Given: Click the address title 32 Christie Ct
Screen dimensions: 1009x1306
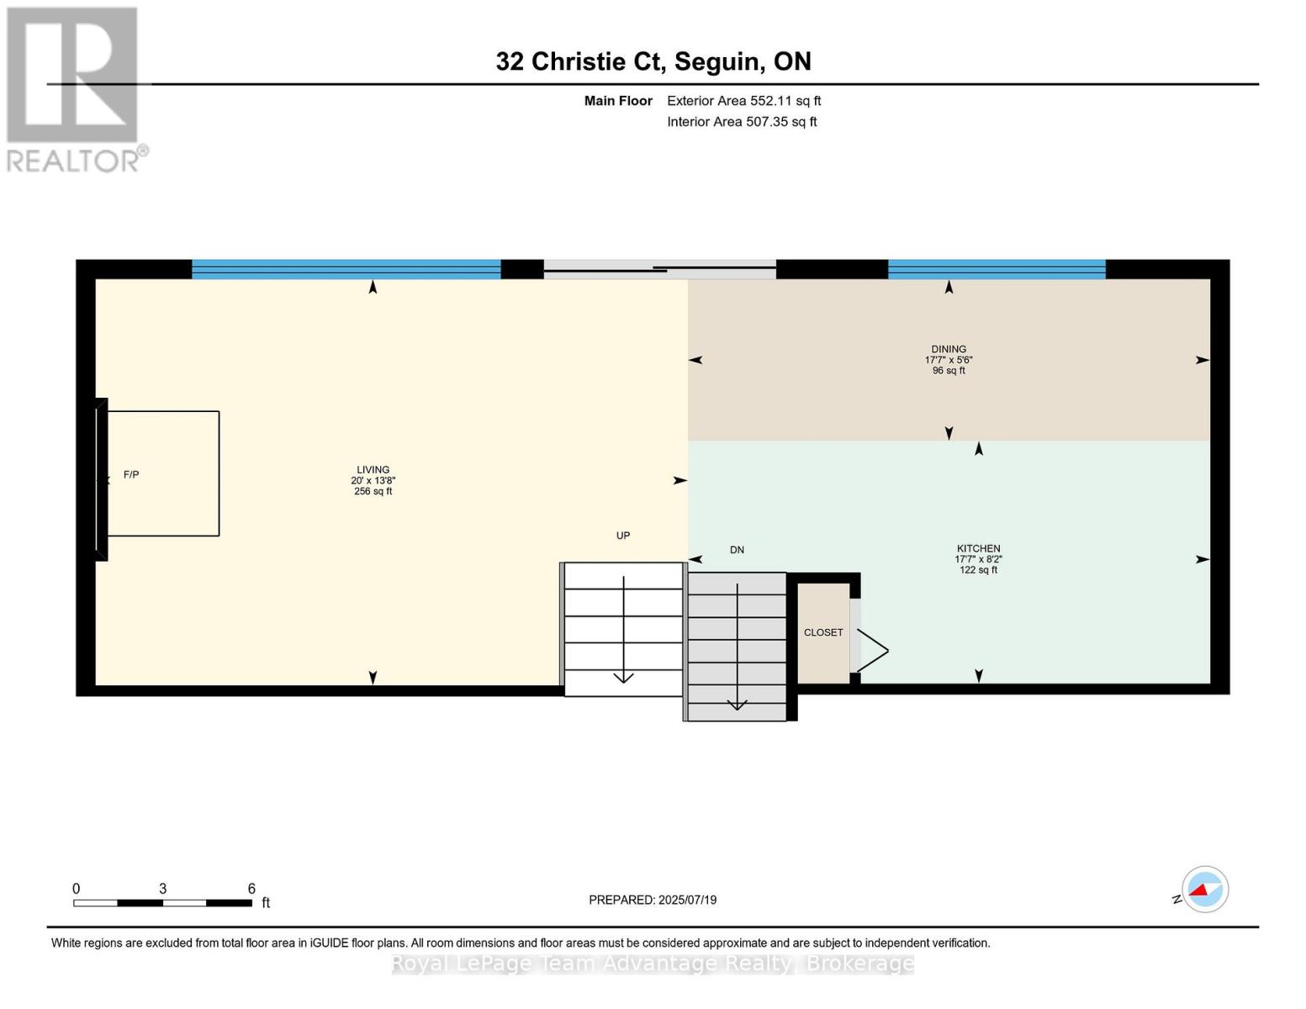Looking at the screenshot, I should [653, 61].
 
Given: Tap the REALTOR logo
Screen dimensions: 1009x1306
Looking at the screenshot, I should [74, 88].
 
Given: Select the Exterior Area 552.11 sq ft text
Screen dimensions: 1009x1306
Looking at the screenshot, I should [743, 101].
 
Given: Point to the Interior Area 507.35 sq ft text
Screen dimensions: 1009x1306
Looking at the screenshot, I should [742, 122].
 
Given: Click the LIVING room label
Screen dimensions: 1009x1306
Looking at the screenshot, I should [373, 480].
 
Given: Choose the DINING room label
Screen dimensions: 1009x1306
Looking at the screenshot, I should [949, 359].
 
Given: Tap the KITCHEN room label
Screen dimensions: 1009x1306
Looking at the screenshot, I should [978, 558].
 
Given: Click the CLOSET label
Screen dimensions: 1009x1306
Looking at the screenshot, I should [822, 632].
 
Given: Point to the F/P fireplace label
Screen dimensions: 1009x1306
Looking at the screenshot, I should [131, 475].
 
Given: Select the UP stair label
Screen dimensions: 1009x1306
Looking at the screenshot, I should [622, 536].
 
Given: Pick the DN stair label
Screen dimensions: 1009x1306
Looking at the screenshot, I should [737, 550].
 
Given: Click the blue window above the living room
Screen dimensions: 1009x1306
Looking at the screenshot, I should [346, 269].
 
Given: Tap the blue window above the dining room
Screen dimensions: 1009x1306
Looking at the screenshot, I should [996, 269].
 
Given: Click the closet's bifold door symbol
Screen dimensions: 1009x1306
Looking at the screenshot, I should [871, 650].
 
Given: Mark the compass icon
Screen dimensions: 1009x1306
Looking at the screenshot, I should [1204, 890].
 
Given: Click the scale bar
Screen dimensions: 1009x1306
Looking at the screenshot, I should [162, 903].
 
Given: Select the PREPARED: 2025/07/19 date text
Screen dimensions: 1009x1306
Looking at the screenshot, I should [653, 900].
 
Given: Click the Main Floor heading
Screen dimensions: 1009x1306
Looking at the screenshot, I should [618, 101].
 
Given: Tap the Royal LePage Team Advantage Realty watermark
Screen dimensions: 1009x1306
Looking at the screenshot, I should [653, 964].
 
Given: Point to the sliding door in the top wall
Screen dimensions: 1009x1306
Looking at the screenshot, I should [659, 269].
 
